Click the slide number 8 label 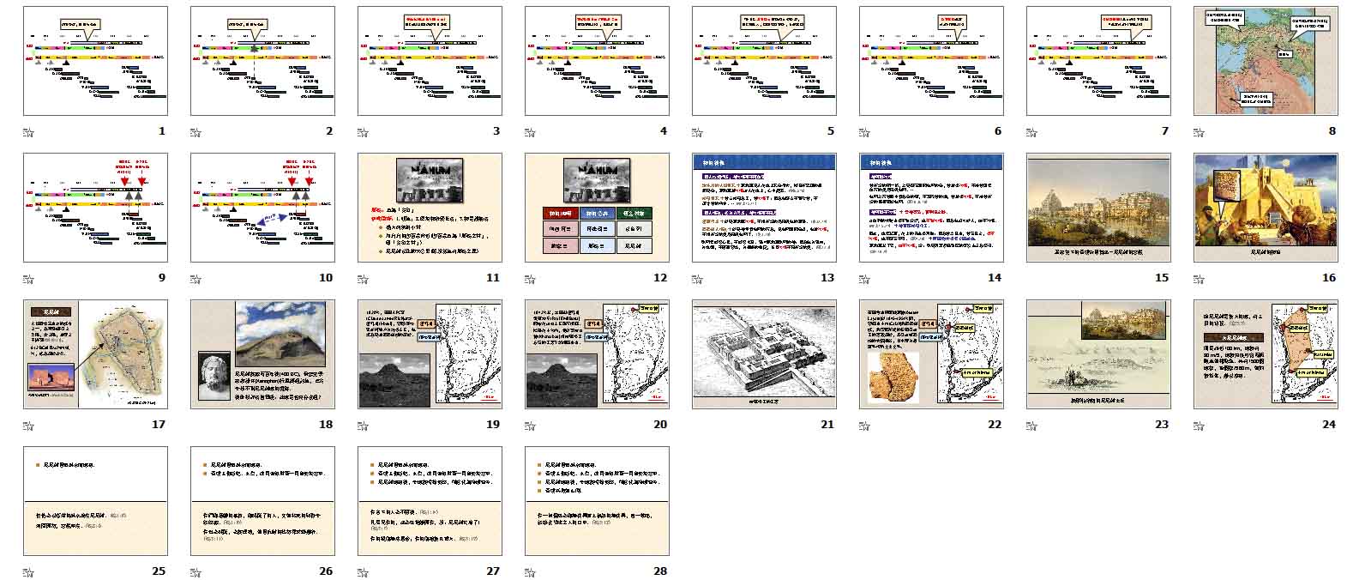(x=1332, y=131)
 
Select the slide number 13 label (x=827, y=277)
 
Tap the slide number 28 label (x=659, y=571)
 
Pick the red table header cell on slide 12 (x=562, y=213)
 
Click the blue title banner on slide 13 (x=764, y=162)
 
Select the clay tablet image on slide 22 (x=893, y=378)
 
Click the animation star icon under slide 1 (x=27, y=132)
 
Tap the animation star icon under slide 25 (x=27, y=571)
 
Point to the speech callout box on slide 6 (x=959, y=21)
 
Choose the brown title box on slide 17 (x=49, y=312)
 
